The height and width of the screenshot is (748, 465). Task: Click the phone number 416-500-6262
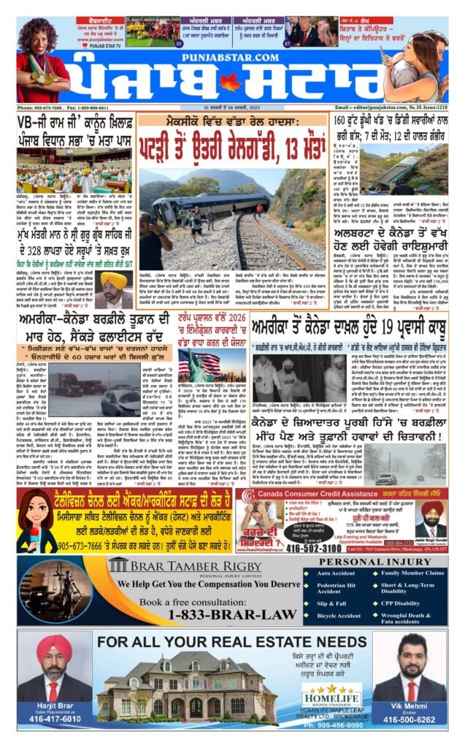pos(412,719)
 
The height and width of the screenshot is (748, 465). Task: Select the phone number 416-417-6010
pos(55,719)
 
